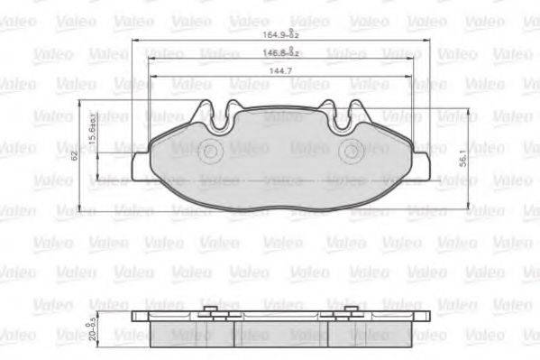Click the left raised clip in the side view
coord(211,312)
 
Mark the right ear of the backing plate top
coord(360,110)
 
